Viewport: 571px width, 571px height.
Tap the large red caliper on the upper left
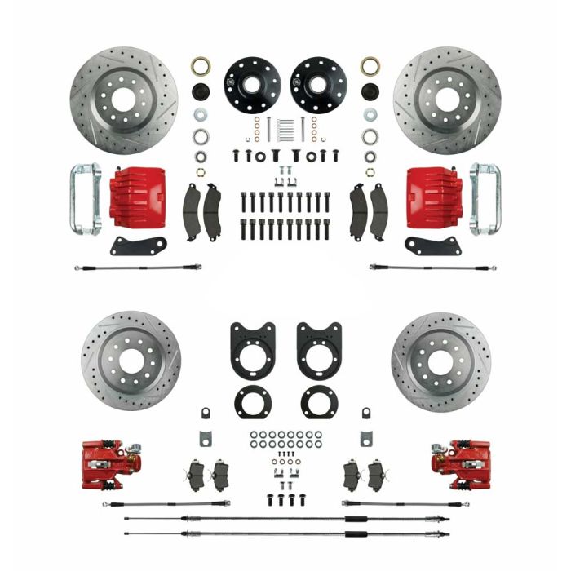[138, 193]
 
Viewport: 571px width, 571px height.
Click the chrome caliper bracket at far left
[85, 196]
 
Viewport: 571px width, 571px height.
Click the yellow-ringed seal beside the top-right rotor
[370, 66]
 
